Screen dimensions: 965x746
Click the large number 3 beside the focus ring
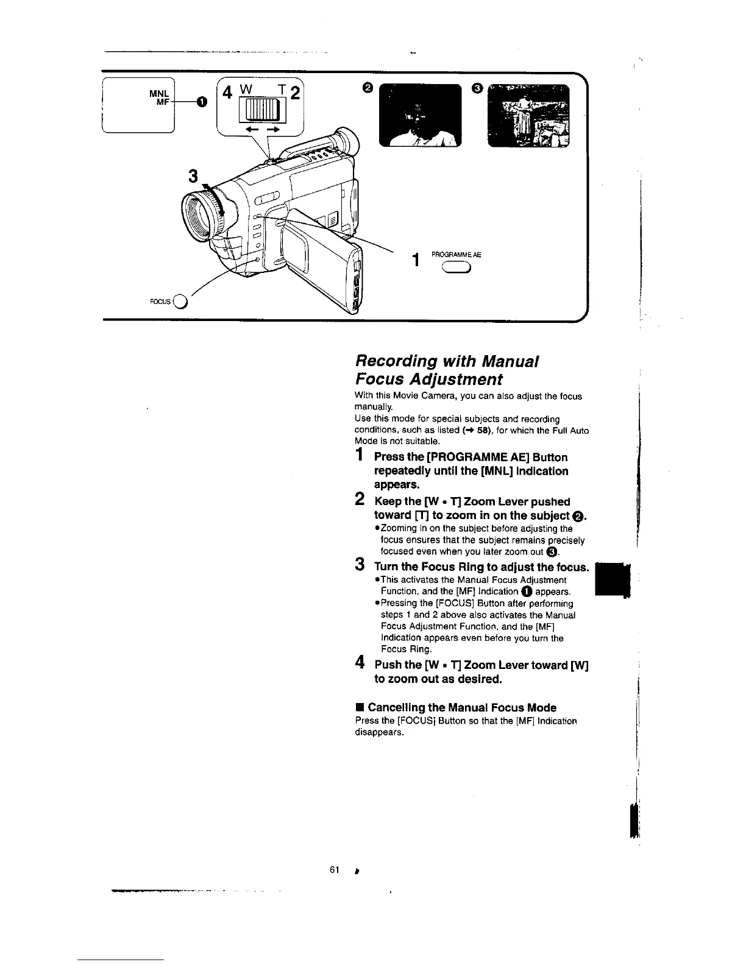(x=193, y=177)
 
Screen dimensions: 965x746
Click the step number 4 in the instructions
(x=360, y=662)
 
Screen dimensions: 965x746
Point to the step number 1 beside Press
(x=360, y=455)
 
